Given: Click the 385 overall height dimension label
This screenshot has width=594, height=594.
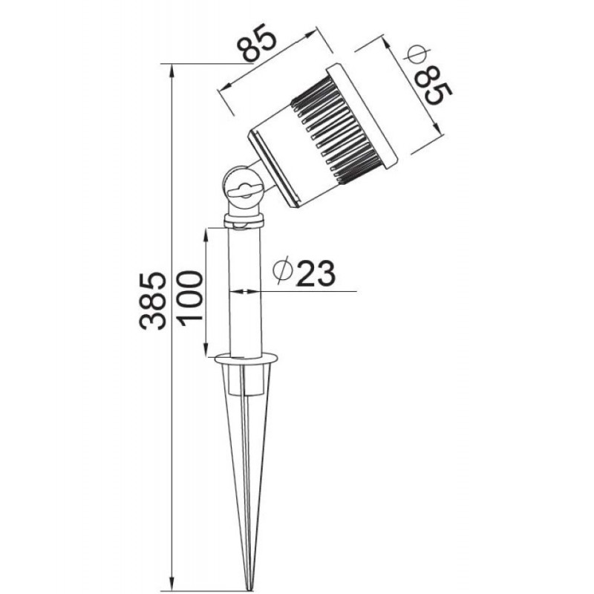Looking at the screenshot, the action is (153, 301).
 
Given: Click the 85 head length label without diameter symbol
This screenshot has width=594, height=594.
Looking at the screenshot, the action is (256, 42).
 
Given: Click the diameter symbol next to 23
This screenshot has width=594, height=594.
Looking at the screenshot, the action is (283, 270).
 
